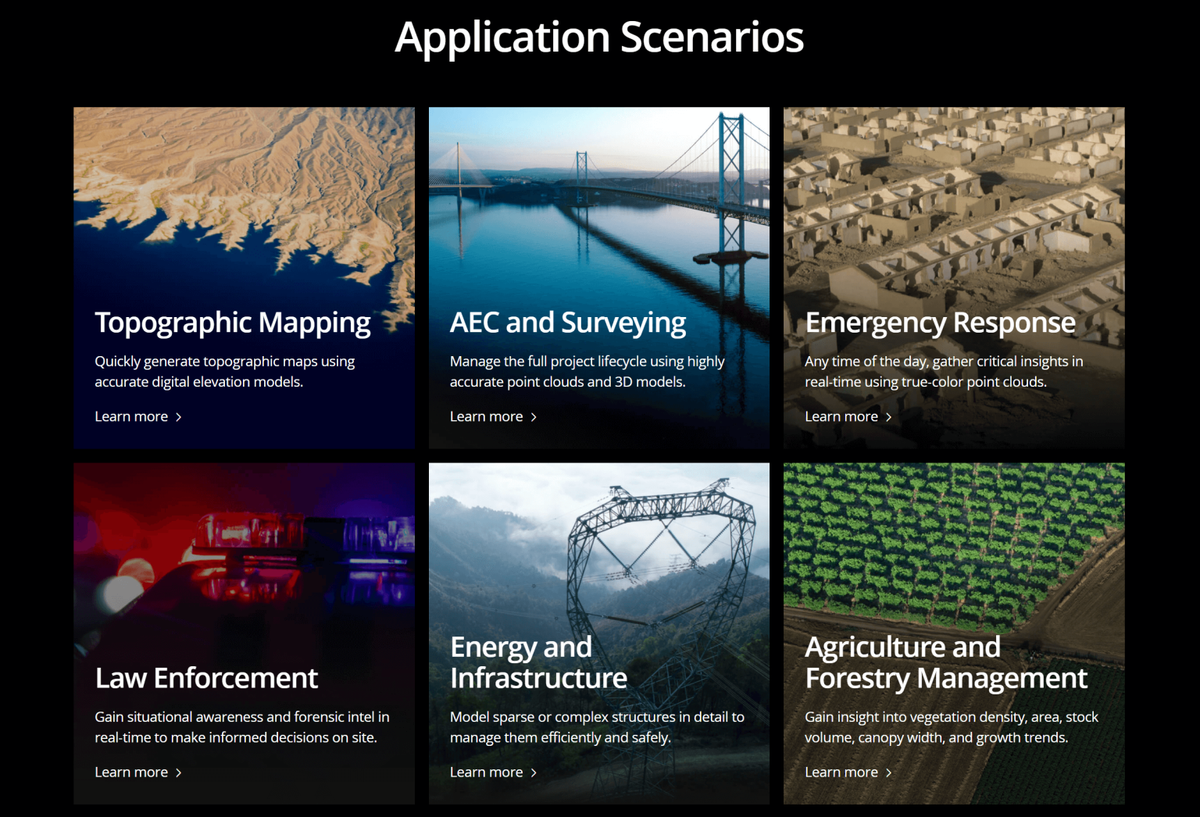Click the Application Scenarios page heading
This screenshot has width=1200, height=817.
(599, 37)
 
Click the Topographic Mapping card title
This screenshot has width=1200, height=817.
(233, 323)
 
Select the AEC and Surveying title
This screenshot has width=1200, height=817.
(568, 323)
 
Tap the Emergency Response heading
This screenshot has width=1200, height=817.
(940, 323)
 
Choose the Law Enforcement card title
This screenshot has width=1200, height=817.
(206, 678)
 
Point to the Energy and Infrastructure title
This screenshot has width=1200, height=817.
(538, 662)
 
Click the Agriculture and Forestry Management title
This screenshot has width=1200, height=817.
(946, 662)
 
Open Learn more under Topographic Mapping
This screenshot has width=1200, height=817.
(138, 416)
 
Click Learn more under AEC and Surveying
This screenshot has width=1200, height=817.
(494, 416)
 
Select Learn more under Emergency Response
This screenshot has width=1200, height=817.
(848, 416)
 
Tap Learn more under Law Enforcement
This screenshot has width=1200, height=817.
(138, 772)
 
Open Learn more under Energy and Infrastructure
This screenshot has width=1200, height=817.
(494, 772)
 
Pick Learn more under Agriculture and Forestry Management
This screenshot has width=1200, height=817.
(848, 772)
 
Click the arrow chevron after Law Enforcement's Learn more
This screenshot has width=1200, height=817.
(179, 772)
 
